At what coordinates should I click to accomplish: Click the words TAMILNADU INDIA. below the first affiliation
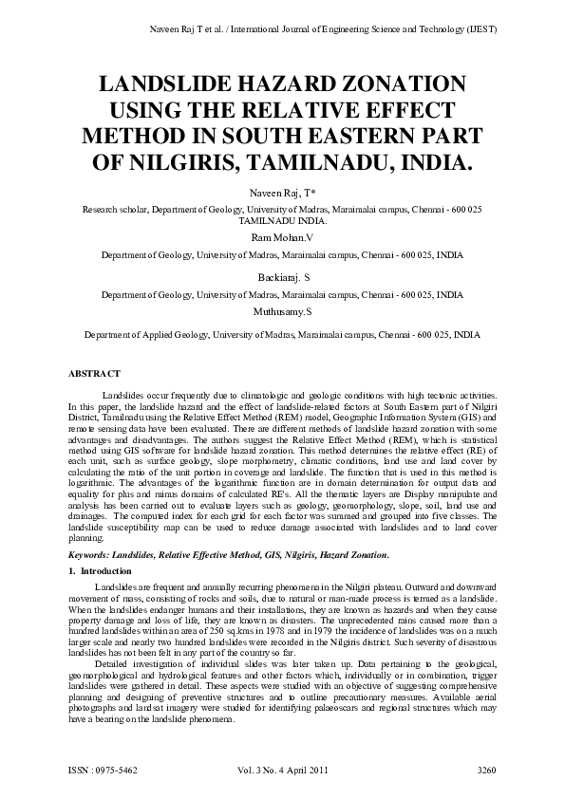tap(282, 218)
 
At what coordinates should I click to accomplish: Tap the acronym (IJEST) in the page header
tap(479, 28)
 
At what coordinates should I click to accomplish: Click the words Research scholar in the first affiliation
tap(116, 208)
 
